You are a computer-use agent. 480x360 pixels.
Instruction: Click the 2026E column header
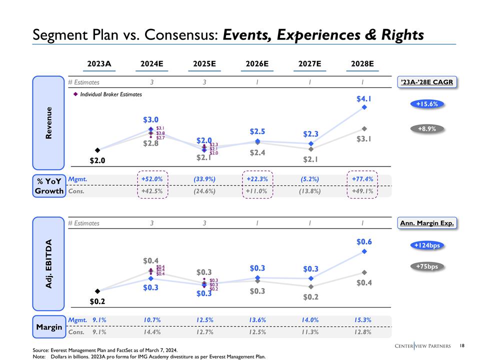(x=257, y=64)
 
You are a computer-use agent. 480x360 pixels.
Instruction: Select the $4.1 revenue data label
(x=364, y=98)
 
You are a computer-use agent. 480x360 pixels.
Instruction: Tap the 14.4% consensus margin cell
(x=151, y=330)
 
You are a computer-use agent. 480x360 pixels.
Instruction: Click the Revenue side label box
(x=49, y=123)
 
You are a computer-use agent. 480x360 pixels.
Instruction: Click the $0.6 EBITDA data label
(x=364, y=241)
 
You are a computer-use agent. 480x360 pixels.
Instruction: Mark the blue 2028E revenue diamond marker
(x=364, y=107)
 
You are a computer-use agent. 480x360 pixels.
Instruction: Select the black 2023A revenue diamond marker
(x=97, y=150)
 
